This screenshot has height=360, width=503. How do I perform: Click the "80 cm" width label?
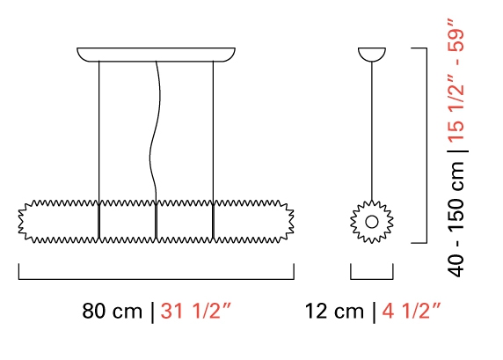(112, 311)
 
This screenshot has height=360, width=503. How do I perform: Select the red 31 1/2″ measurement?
(196, 311)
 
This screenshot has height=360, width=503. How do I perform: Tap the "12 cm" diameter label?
(334, 311)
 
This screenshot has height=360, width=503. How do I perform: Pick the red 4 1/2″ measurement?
(412, 311)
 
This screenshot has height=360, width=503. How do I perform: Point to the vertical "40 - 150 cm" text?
(456, 219)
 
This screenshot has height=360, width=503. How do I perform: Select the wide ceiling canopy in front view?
(156, 55)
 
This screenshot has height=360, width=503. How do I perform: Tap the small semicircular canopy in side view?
(372, 55)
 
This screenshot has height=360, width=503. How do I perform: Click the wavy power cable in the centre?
(156, 129)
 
